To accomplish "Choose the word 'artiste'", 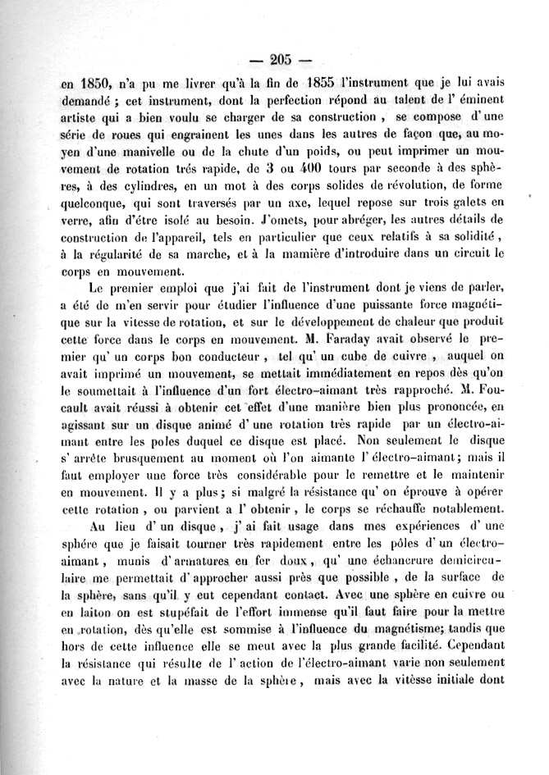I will coord(84,116).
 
